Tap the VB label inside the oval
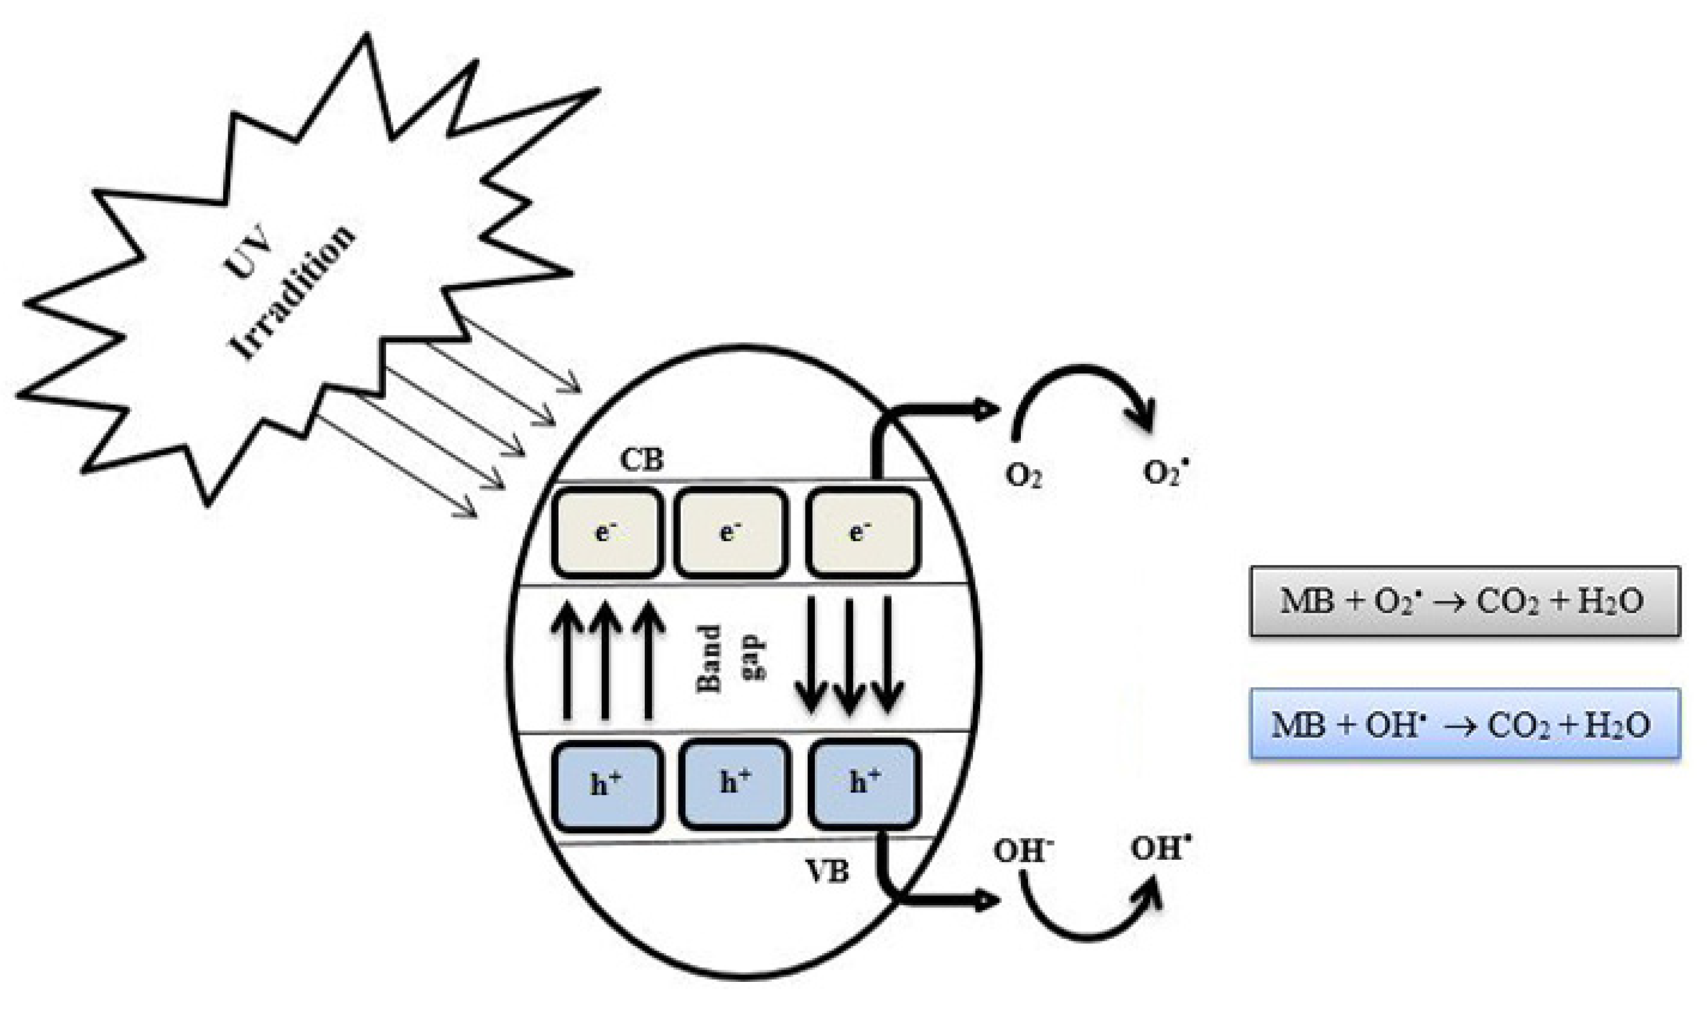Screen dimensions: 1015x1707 coord(827,872)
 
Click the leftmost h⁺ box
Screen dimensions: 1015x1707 coord(607,786)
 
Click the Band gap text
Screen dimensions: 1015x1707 coord(730,659)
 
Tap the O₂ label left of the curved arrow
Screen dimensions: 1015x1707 coord(1023,476)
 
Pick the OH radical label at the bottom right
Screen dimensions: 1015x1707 coord(1161,849)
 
